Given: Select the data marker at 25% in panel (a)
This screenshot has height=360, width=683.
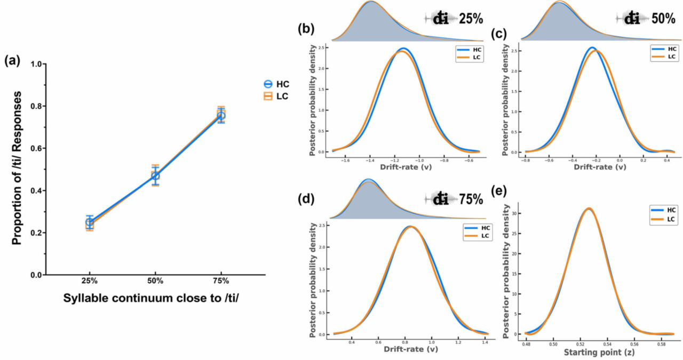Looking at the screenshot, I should [90, 223].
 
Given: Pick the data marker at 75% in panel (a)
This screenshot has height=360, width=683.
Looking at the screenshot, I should [221, 115].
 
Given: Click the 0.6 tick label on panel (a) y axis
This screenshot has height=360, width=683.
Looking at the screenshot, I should [35, 148].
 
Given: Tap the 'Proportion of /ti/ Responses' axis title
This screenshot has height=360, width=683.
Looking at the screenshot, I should [17, 167].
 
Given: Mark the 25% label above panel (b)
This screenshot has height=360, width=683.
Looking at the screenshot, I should [471, 19].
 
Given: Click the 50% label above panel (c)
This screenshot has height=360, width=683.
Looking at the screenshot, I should [663, 19].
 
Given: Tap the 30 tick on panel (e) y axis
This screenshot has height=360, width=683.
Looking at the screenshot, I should [518, 213].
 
